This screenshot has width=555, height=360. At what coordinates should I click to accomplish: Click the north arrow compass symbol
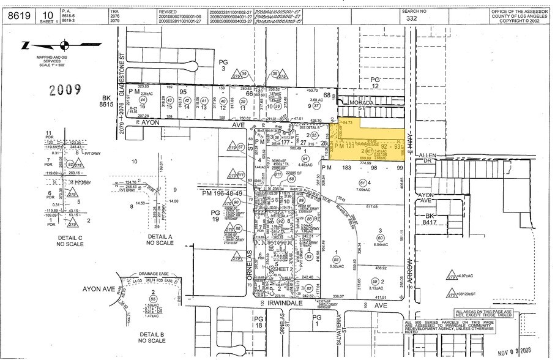[x=64, y=45]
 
